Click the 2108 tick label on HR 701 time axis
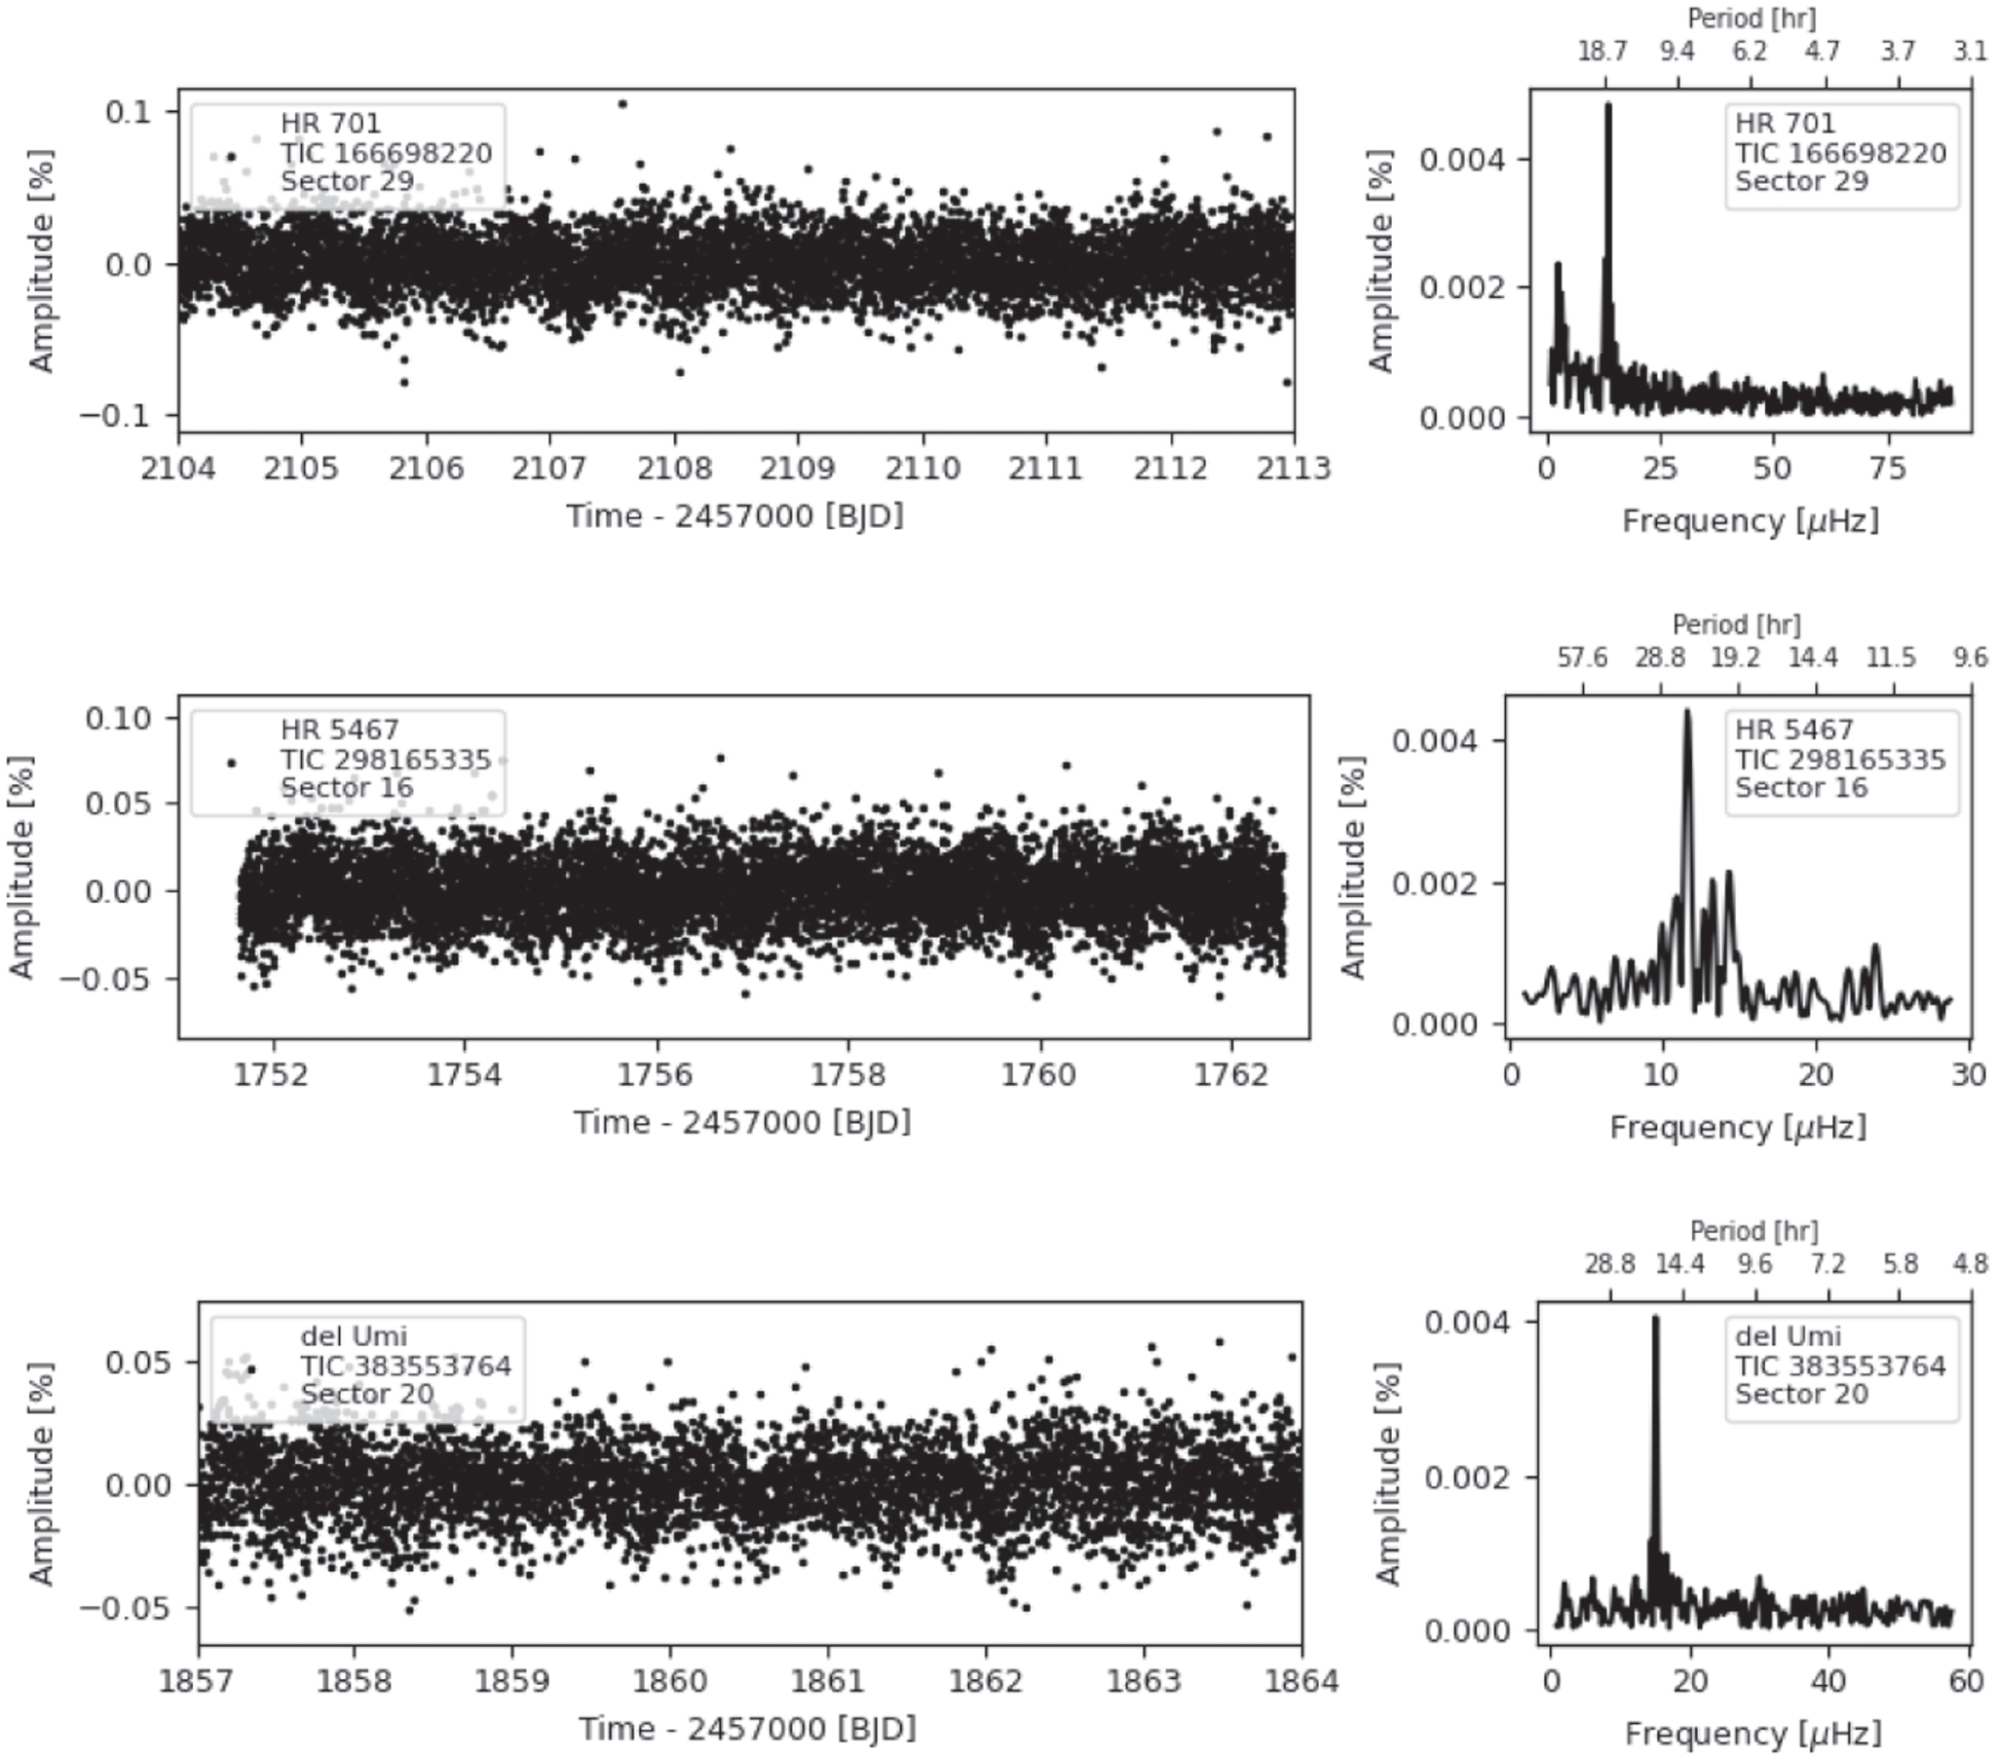[673, 468]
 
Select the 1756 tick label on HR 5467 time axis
[658, 1075]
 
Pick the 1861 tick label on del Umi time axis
[828, 1682]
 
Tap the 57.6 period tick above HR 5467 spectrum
[1582, 657]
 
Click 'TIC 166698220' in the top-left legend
[386, 153]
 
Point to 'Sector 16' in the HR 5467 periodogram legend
[1800, 788]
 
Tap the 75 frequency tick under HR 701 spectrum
[1889, 468]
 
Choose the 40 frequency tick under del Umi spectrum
[1828, 1682]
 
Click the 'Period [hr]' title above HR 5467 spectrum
[1736, 624]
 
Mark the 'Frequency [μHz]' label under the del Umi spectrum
[1752, 1734]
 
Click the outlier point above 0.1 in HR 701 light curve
[622, 103]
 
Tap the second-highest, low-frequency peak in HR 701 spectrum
[1559, 264]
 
